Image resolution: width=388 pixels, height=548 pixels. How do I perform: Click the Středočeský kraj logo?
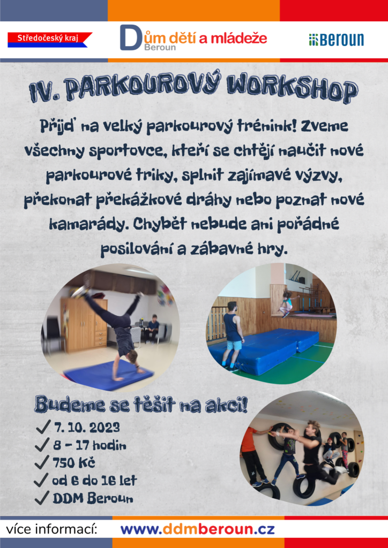(x=50, y=40)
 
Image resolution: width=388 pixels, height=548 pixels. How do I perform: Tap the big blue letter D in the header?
(x=130, y=37)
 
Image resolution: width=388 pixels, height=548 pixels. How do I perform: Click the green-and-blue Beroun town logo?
(x=336, y=40)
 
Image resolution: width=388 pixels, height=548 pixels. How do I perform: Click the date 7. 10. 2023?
(x=87, y=428)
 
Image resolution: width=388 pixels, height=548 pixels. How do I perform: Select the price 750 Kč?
(x=74, y=463)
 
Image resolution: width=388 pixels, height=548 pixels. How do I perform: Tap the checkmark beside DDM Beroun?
(x=42, y=498)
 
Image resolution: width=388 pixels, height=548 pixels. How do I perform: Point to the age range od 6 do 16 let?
(x=94, y=481)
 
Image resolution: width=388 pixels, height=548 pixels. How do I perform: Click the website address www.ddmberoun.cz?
(x=198, y=529)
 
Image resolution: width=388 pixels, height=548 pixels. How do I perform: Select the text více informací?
(x=51, y=529)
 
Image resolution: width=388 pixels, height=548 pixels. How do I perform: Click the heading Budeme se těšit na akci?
(x=141, y=406)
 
